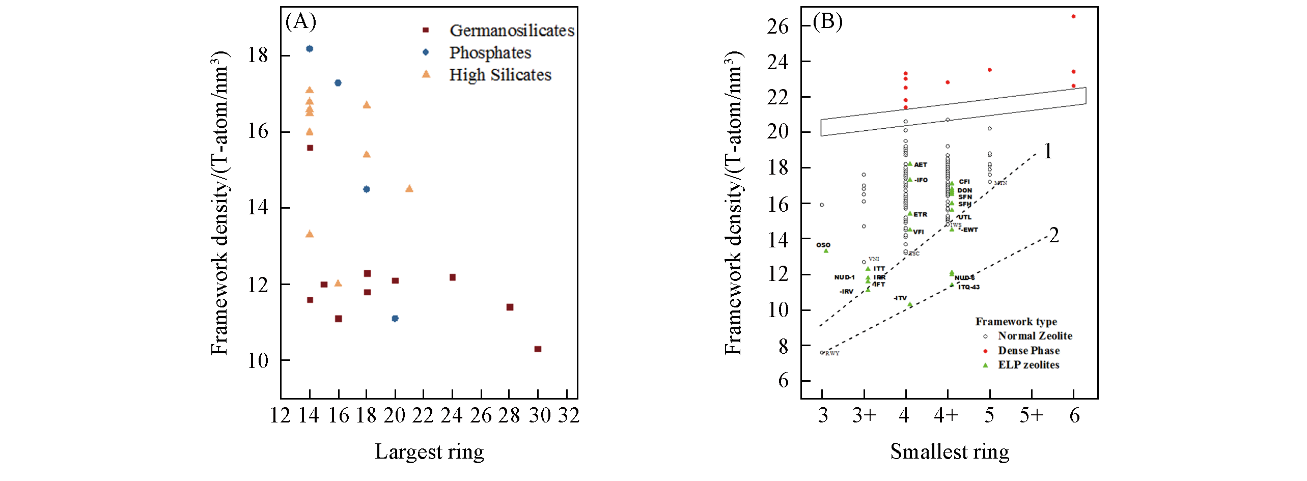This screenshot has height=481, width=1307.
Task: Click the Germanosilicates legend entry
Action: [x=511, y=31]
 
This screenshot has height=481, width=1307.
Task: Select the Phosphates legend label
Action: [x=490, y=52]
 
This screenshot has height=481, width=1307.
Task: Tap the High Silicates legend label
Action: [x=500, y=75]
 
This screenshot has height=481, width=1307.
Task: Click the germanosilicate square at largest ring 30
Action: [x=538, y=349]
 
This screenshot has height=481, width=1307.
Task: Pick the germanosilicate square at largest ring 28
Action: [x=510, y=307]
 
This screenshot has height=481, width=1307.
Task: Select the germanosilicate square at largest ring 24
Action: [x=453, y=277]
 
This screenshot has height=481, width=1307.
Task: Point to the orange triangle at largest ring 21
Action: [x=409, y=189]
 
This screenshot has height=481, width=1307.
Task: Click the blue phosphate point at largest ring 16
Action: [x=338, y=83]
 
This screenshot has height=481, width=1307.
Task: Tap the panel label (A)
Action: [x=300, y=21]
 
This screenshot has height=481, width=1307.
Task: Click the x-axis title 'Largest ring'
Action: [x=429, y=451]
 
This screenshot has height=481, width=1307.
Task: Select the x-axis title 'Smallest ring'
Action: [x=950, y=451]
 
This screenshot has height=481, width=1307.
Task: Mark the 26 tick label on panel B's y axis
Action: [x=777, y=26]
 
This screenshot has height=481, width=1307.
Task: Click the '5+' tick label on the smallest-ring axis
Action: [x=1031, y=416]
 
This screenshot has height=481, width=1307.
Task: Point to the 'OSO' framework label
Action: [x=823, y=245]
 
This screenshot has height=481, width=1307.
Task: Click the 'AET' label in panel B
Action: [x=921, y=165]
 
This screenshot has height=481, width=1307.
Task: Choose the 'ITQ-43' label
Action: [x=969, y=287]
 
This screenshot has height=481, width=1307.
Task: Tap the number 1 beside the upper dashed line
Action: [x=1048, y=151]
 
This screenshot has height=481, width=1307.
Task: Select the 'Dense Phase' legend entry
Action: [x=1028, y=351]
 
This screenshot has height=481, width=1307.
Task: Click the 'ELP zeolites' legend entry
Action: [x=1028, y=365]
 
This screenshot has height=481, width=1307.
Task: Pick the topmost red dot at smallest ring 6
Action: [x=1073, y=16]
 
